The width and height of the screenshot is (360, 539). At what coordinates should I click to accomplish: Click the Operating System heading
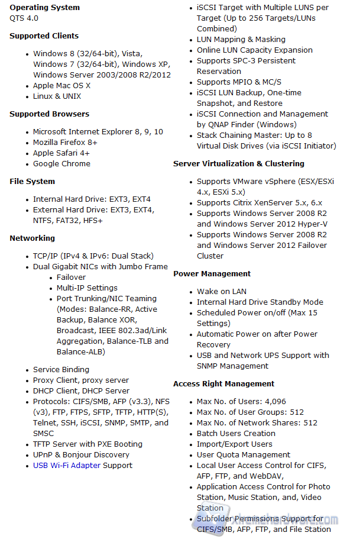click(x=44, y=8)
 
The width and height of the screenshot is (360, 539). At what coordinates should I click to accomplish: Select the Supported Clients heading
click(x=44, y=36)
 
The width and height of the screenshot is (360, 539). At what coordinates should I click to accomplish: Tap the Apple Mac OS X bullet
click(x=61, y=86)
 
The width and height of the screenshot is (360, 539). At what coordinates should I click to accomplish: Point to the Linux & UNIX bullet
click(x=57, y=96)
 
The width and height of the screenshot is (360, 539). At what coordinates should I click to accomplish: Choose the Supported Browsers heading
click(x=49, y=114)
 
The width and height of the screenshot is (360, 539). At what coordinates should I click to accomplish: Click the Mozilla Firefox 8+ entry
click(x=65, y=143)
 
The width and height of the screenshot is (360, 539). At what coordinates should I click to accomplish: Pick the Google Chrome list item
click(x=61, y=164)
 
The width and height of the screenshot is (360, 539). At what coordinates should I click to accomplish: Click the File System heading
click(x=32, y=182)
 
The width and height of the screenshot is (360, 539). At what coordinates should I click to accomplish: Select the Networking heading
click(x=32, y=238)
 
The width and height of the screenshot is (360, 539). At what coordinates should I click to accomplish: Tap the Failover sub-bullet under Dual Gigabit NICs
click(x=71, y=277)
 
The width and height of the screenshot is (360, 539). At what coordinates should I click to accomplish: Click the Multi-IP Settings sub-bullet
click(x=87, y=288)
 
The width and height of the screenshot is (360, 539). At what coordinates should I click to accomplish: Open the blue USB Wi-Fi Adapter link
click(x=66, y=466)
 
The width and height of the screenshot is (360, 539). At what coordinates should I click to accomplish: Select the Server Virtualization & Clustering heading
click(x=239, y=164)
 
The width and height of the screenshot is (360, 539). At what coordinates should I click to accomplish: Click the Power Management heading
click(x=212, y=274)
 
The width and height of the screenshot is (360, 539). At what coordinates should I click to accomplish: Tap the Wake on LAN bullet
click(x=222, y=292)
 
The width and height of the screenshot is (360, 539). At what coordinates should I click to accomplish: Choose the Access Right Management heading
click(x=223, y=384)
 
